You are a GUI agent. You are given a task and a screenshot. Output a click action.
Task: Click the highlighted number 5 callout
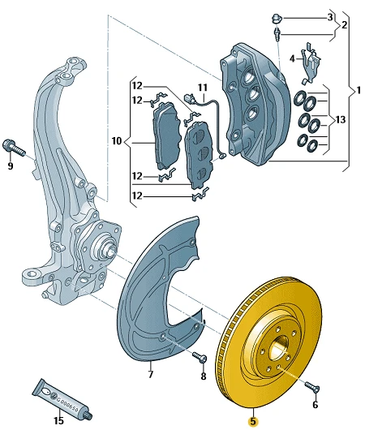[x=252, y=421]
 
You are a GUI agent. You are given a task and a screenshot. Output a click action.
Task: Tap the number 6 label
[x=315, y=404]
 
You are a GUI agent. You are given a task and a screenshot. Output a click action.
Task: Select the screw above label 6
[x=312, y=387]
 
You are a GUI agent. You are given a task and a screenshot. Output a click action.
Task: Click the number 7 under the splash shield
[x=151, y=374]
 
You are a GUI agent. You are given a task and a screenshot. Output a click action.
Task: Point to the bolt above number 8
[x=200, y=356]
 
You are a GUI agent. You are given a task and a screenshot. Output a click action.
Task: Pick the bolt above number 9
[x=14, y=148]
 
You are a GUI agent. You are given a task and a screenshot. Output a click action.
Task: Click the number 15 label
[x=58, y=420]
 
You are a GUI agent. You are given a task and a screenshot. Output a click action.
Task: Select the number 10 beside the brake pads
[x=117, y=141]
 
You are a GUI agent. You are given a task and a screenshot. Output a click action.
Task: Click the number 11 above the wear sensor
[x=203, y=88]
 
